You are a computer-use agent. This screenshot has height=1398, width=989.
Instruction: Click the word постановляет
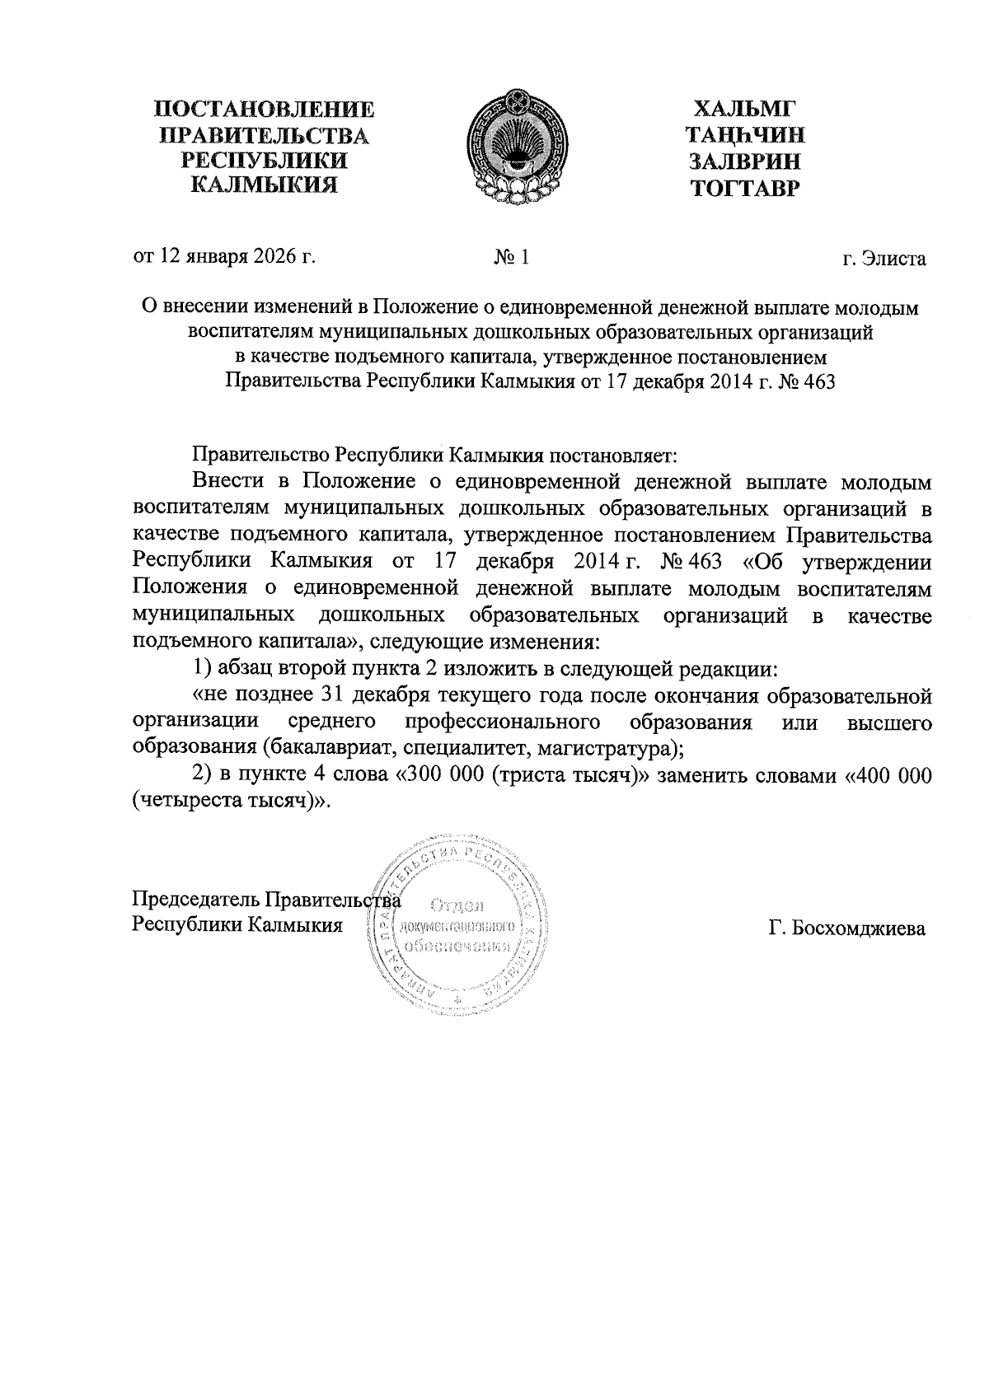pyautogui.click(x=612, y=454)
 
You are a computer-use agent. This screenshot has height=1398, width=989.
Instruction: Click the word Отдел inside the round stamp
pyautogui.click(x=456, y=906)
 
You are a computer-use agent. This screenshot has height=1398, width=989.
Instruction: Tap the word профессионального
pyautogui.click(x=503, y=722)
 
